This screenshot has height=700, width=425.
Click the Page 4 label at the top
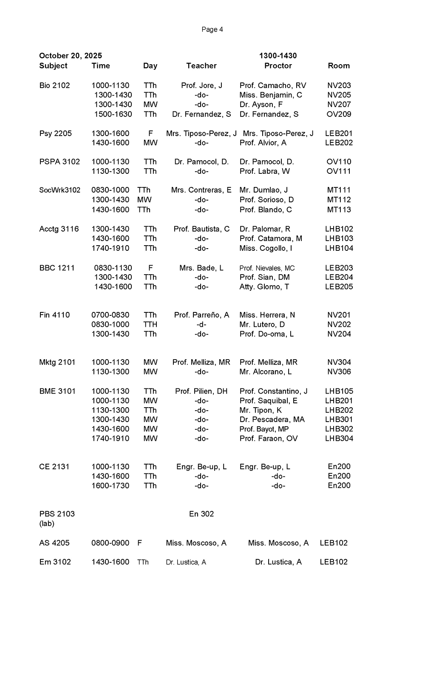(212, 29)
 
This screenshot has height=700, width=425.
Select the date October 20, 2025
(71, 56)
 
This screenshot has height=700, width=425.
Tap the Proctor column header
(278, 66)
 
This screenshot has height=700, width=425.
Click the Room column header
(339, 66)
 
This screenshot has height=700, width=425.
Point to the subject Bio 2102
(54, 85)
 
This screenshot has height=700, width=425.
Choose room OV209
(339, 114)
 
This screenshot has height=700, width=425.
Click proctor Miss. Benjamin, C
(271, 95)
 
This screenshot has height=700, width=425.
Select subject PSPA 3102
(59, 162)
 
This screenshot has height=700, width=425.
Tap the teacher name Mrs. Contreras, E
(201, 190)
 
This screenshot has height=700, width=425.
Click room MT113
(339, 210)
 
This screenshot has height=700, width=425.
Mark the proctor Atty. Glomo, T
(264, 287)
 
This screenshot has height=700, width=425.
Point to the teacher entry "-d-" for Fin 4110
(201, 325)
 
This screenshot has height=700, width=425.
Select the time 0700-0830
(110, 315)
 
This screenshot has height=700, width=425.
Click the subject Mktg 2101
(57, 362)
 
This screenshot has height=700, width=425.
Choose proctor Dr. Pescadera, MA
(272, 419)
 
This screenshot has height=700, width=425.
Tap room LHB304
(339, 439)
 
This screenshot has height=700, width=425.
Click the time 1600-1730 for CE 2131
(110, 486)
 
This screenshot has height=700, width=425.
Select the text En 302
(201, 514)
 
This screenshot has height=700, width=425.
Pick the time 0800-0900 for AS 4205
(110, 543)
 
